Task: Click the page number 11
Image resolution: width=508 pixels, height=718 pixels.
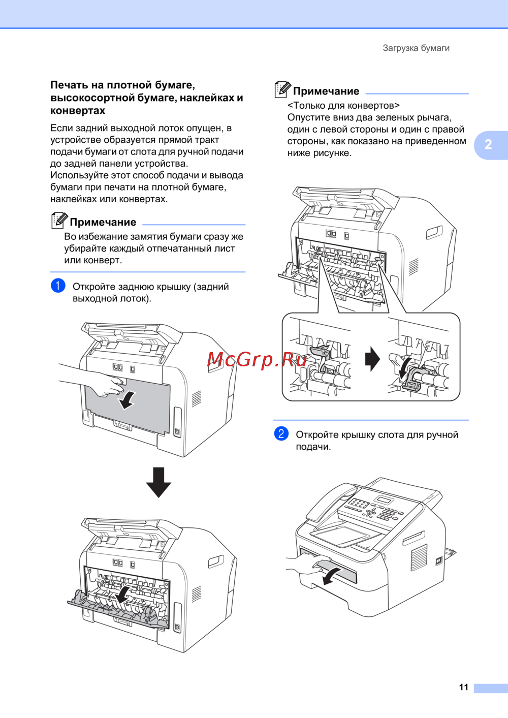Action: pyautogui.click(x=463, y=687)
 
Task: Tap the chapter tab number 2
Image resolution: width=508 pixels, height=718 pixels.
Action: pyautogui.click(x=488, y=145)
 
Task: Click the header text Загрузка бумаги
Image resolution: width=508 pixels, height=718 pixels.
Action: pyautogui.click(x=416, y=48)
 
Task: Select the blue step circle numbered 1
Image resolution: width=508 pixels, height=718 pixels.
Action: pyautogui.click(x=58, y=286)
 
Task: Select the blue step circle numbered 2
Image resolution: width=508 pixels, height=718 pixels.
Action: pyautogui.click(x=281, y=433)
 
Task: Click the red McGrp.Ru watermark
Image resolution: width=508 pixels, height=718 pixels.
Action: pyautogui.click(x=257, y=360)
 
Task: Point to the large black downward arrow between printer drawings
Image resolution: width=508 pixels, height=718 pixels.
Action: pyautogui.click(x=158, y=482)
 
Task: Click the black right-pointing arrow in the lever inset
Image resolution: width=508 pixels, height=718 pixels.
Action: pyautogui.click(x=372, y=359)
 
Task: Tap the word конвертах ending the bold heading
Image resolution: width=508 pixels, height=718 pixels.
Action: pyautogui.click(x=78, y=110)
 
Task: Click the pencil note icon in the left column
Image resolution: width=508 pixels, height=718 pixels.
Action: pyautogui.click(x=59, y=221)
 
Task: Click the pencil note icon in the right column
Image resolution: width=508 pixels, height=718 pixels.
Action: pyautogui.click(x=282, y=89)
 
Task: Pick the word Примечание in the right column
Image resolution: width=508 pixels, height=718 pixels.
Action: pyautogui.click(x=326, y=91)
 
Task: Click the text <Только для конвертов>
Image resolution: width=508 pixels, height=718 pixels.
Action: pyautogui.click(x=343, y=106)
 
